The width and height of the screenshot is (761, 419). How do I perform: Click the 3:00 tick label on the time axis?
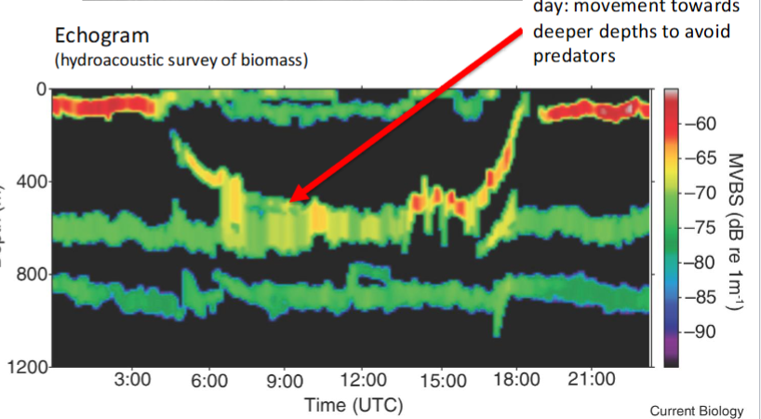[133, 381]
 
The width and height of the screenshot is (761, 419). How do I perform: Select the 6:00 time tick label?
[210, 381]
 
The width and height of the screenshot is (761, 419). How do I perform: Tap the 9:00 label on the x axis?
[286, 381]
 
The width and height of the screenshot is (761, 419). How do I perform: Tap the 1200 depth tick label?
[26, 368]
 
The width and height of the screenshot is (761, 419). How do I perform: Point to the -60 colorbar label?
[702, 124]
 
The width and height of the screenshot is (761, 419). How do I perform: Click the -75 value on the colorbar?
[702, 227]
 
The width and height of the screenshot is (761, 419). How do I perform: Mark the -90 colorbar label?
[702, 331]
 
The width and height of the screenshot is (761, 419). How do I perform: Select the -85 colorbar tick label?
[702, 297]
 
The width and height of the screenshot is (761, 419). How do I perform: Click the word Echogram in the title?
[102, 37]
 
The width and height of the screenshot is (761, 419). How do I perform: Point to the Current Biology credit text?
[697, 411]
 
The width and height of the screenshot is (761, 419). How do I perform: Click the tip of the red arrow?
[287, 200]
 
